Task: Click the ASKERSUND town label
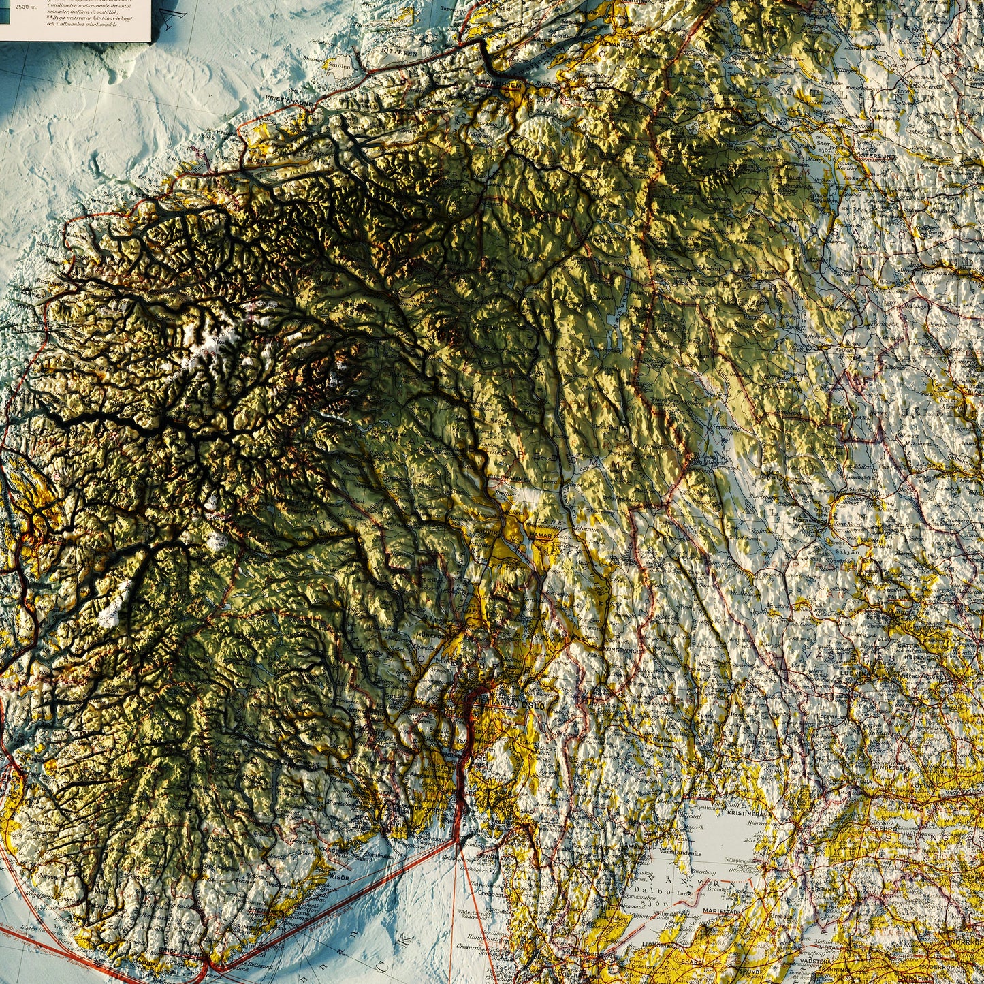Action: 821,889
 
